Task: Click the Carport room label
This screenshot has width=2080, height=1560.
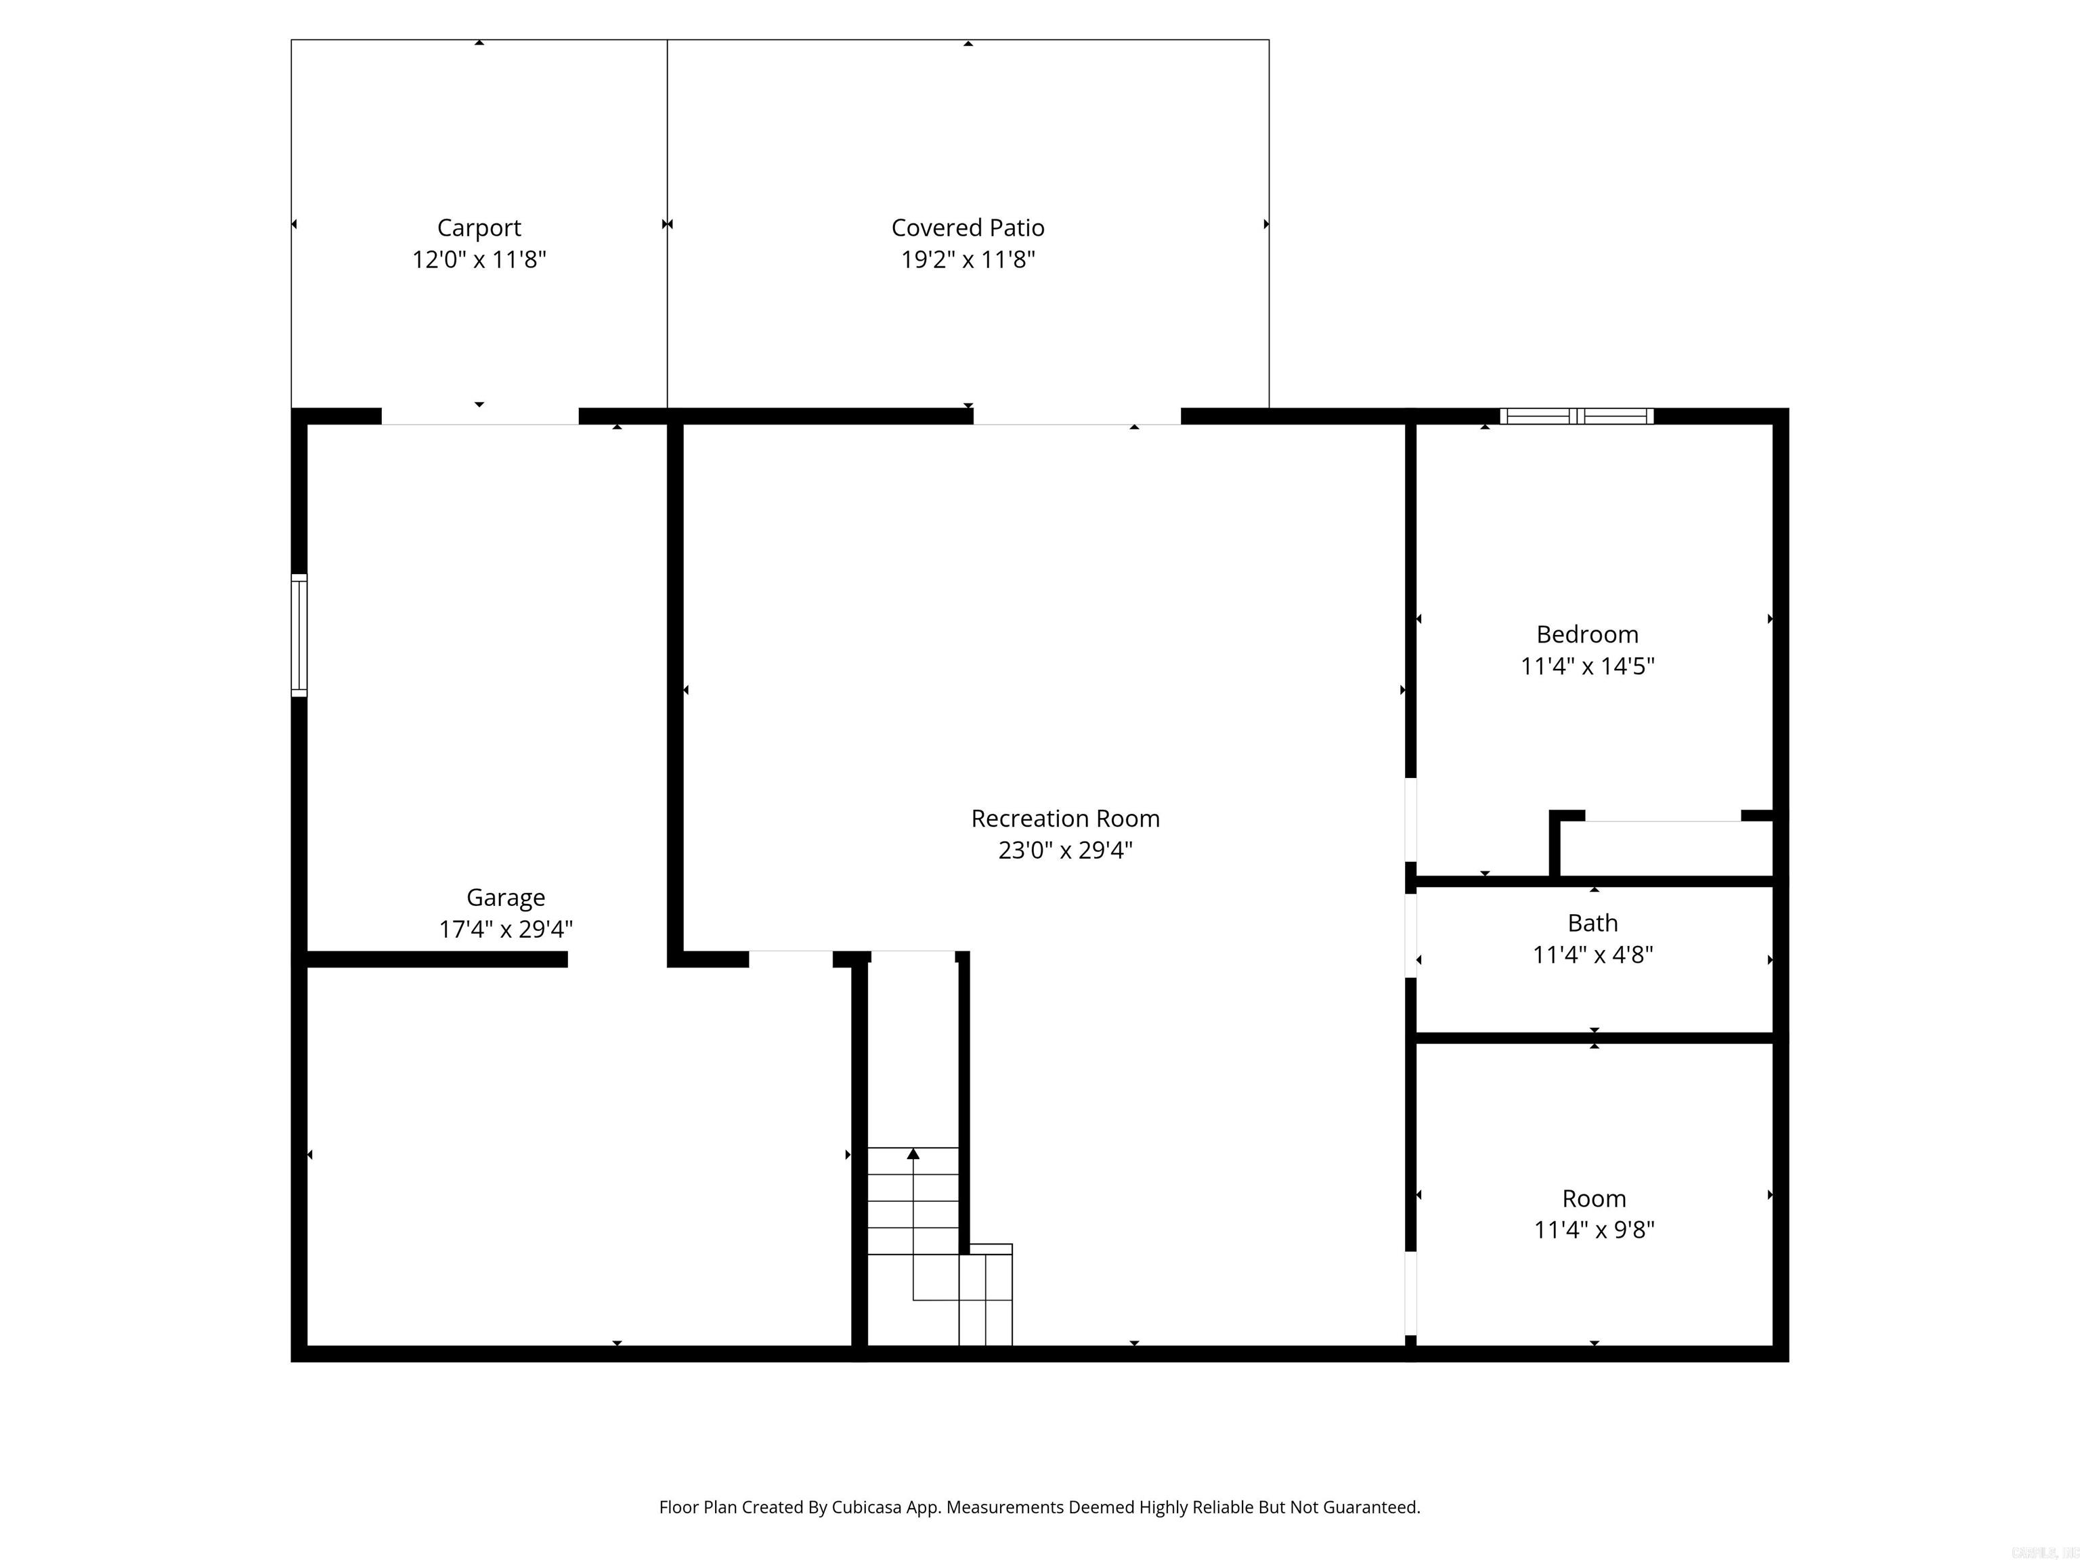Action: pos(479,227)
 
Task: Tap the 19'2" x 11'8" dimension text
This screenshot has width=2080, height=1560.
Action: pos(968,259)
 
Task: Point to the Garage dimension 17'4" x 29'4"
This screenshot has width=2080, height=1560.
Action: pos(505,929)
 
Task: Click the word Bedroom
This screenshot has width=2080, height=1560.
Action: pos(1587,634)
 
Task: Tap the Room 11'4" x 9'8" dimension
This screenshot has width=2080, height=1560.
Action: pos(1594,1230)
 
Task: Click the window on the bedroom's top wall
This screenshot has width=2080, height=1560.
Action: pos(1576,416)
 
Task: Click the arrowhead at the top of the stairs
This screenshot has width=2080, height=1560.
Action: pos(913,1153)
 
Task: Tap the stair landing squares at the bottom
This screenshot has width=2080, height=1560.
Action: pos(985,1298)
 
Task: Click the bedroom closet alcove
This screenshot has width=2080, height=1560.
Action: pos(1664,848)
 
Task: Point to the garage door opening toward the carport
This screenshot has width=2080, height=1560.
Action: pos(479,416)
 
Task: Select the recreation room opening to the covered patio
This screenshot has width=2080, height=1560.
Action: pos(1077,416)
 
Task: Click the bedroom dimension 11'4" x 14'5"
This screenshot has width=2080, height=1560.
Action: pos(1587,666)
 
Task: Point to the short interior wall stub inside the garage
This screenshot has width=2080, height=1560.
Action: pos(437,959)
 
